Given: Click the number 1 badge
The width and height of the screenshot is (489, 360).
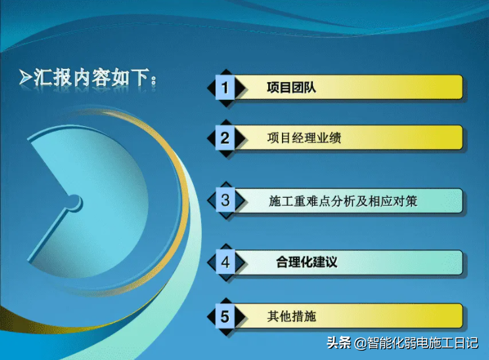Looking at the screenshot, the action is point(225,88).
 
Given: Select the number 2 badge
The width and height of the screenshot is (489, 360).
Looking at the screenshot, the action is point(225,139).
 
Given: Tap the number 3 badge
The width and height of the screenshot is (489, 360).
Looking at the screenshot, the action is point(225,200).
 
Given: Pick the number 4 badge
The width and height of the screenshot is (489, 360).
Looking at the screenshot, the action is point(225,262).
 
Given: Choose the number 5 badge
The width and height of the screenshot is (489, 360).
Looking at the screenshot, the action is point(225,317).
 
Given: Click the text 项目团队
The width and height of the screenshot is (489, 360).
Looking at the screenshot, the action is point(291,87).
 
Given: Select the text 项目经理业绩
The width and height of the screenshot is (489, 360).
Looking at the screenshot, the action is point(304,138).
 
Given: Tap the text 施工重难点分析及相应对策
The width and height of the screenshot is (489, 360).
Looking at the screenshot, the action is point(343,201).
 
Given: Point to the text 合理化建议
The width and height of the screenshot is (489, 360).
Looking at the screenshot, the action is point(306,262).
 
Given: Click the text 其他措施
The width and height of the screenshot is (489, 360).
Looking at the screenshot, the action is point(292,317).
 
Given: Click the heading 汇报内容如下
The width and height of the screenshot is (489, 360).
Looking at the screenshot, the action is point(91,78).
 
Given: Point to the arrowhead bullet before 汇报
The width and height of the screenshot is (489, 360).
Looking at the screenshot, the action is point(25,78).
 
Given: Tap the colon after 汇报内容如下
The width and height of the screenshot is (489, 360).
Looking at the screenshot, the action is point(153,81).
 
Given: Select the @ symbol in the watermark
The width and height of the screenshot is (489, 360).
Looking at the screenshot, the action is point(360,344).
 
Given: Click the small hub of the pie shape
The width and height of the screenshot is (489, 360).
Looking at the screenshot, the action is point(74,202).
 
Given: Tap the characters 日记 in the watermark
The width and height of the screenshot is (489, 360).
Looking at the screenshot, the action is point(466,343).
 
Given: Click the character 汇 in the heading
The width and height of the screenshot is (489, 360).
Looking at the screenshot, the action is point(43,78).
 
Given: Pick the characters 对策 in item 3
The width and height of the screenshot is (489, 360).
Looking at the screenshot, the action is point(405,201).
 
